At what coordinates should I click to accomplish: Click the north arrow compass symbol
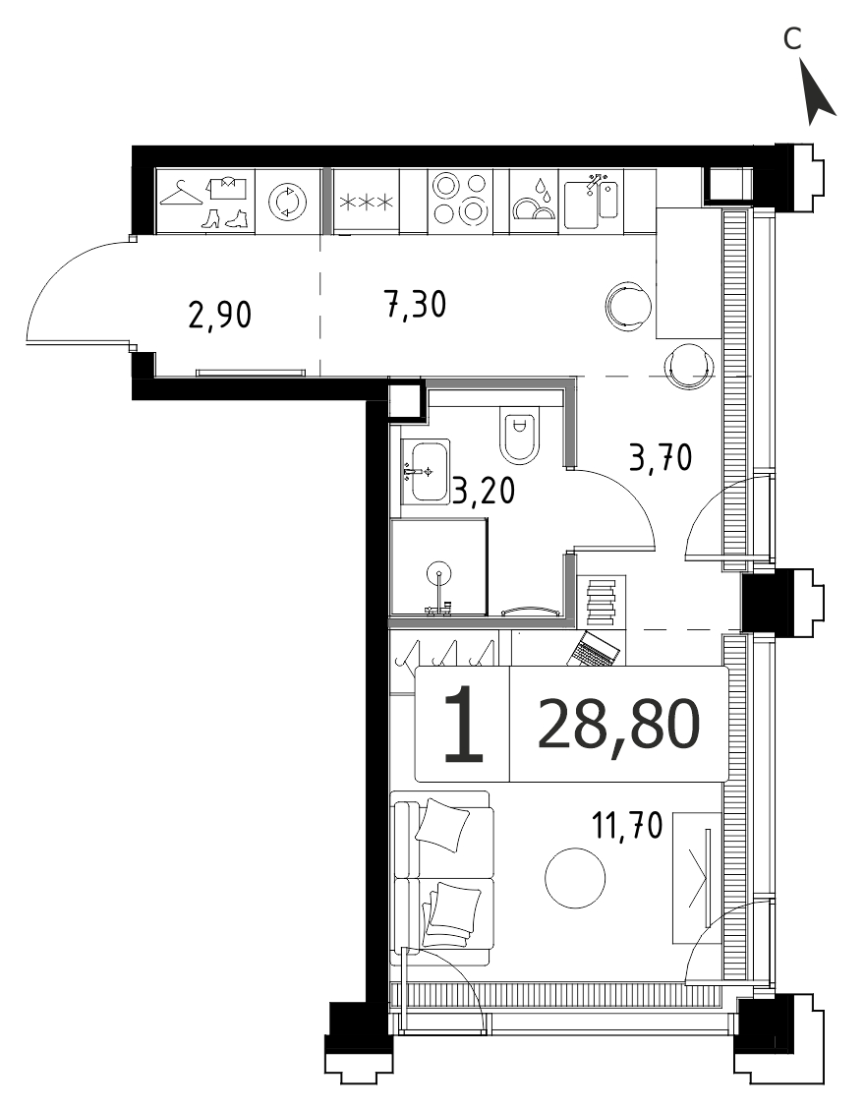818,92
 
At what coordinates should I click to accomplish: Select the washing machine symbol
287,201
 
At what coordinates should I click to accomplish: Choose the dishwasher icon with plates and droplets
536,200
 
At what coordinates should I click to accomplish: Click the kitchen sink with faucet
592,202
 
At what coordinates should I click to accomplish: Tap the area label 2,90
220,315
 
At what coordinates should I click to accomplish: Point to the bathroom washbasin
426,472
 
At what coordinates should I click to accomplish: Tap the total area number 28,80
619,725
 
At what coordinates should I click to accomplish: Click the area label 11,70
627,826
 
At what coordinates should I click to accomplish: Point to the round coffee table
575,878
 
